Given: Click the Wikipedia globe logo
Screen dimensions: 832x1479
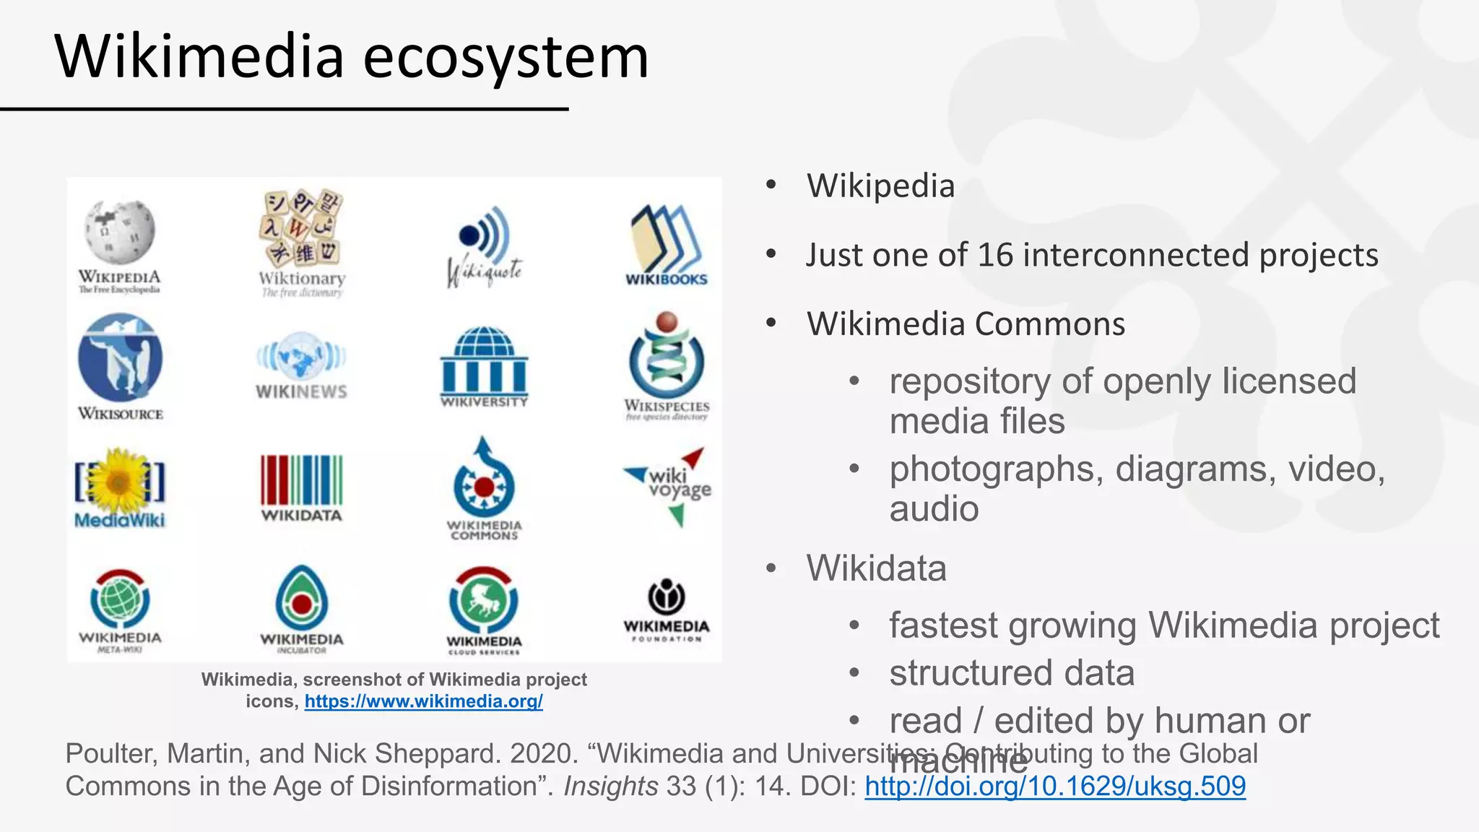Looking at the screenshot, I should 120,231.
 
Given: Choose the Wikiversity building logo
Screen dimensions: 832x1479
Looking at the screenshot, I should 484,361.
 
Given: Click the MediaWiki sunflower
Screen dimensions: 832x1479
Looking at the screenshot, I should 120,480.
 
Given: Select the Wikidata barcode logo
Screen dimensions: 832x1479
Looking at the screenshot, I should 301,480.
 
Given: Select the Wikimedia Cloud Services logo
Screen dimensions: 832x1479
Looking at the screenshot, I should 484,599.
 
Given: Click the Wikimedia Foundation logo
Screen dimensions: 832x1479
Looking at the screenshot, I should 666,597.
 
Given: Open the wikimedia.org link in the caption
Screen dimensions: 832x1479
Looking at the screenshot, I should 423,701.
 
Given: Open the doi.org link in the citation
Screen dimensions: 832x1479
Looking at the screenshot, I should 1055,786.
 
